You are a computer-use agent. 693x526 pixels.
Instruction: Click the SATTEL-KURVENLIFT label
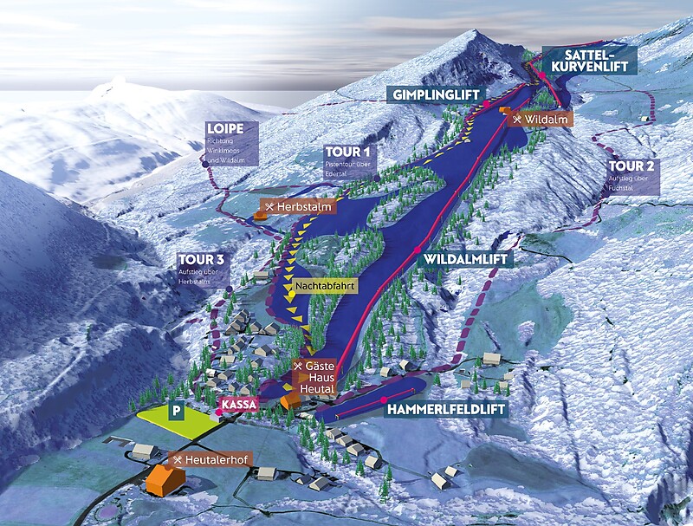point(589,60)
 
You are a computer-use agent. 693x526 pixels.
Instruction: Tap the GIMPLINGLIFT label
point(432,94)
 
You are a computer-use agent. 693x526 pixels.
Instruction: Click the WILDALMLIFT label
point(464,259)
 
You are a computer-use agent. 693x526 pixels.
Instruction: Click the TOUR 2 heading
point(631,166)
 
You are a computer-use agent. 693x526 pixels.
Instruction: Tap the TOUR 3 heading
point(201,260)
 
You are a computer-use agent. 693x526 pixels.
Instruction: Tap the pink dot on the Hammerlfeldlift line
point(384,399)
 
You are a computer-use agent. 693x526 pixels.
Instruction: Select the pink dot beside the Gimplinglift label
point(487,104)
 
